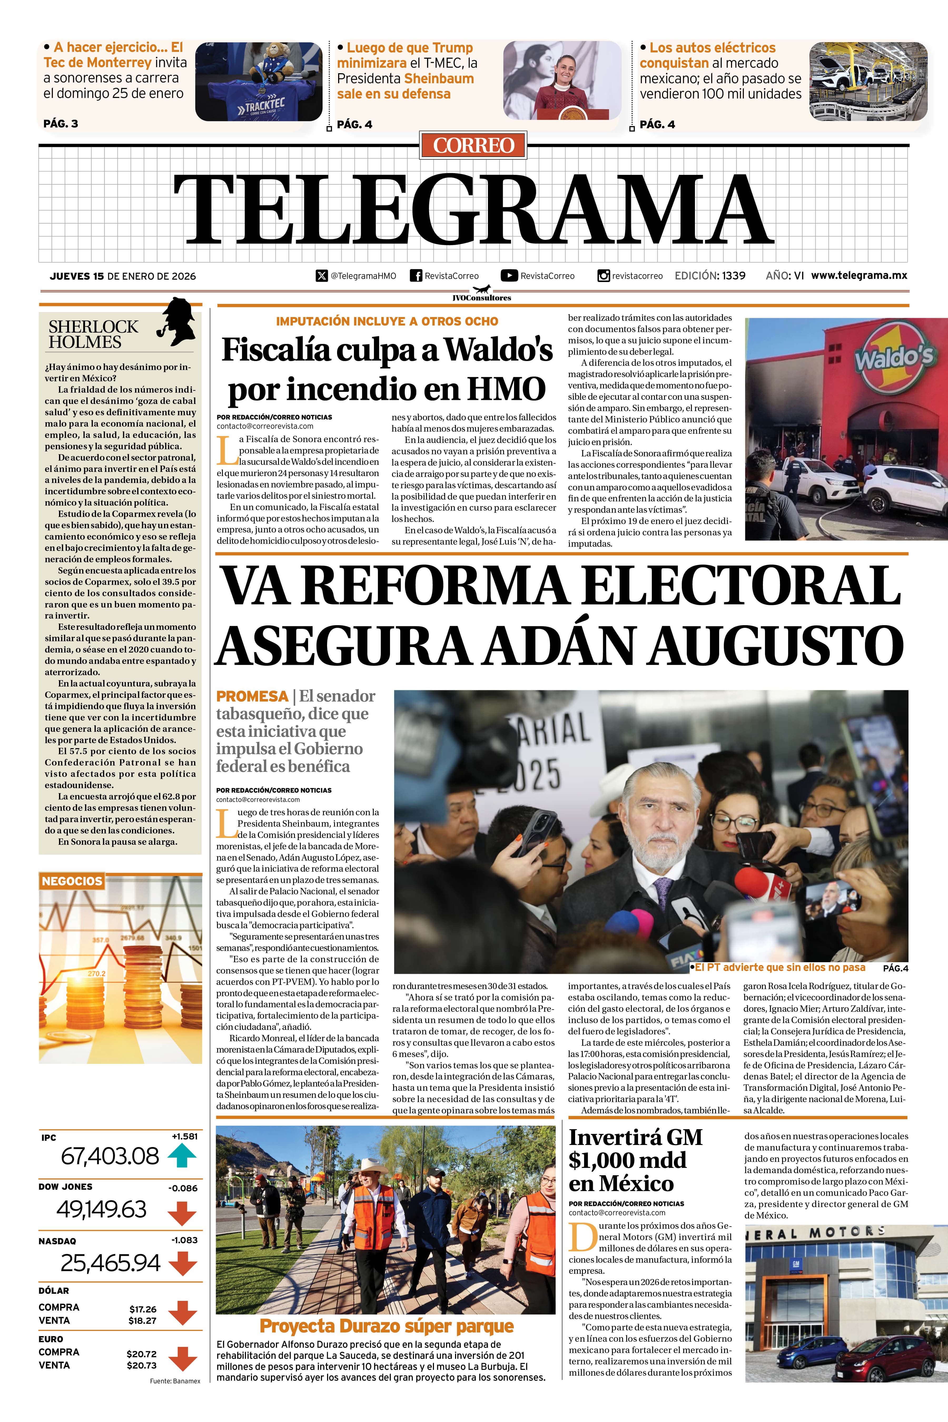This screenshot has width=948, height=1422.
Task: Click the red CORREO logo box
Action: click(x=473, y=145)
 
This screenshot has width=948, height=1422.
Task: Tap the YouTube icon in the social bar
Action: click(x=509, y=276)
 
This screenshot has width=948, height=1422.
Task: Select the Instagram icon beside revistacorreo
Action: click(x=603, y=276)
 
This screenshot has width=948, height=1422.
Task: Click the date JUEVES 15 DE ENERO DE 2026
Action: click(x=123, y=276)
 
